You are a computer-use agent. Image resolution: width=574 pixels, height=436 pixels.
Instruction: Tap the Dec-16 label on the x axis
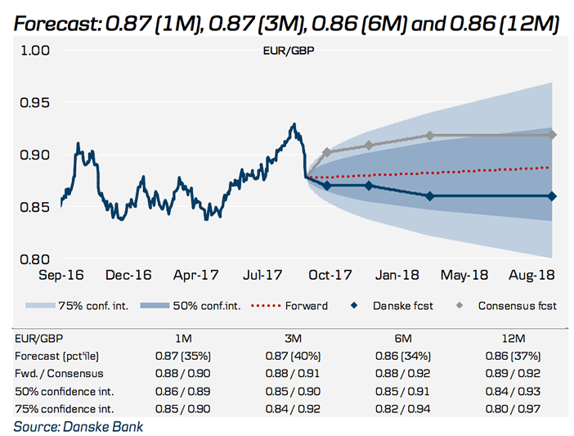[x=129, y=276]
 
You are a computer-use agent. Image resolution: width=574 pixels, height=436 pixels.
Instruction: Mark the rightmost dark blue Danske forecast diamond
[x=552, y=196]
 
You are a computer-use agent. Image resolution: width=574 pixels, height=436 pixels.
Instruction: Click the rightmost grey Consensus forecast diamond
[x=552, y=134]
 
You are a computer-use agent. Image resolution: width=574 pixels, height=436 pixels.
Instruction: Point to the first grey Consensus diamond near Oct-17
[x=327, y=152]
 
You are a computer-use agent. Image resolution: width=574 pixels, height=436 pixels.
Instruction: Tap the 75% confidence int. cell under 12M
[x=516, y=408]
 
